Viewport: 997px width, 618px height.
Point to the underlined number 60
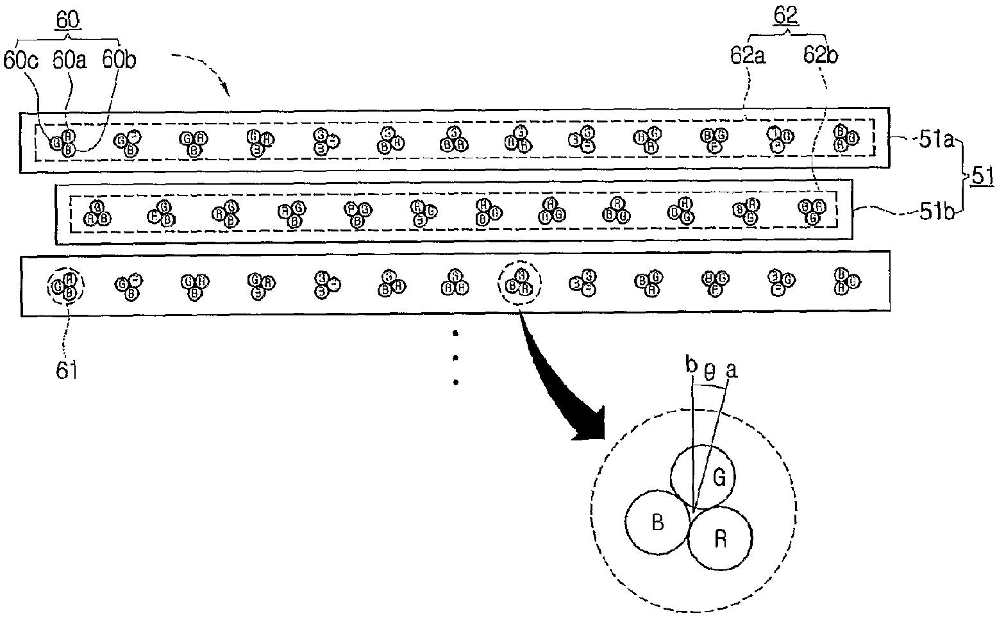click(68, 21)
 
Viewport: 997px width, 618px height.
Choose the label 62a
click(747, 56)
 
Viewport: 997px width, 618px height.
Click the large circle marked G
click(703, 476)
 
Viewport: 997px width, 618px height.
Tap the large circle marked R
click(719, 538)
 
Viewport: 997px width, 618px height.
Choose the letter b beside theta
click(691, 366)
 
